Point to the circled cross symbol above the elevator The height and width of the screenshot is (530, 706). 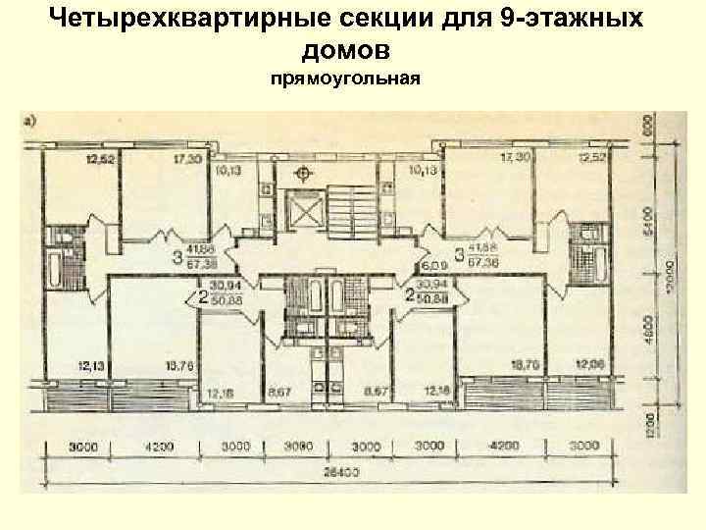(x=305, y=174)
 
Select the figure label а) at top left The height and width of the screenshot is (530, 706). (x=31, y=122)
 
